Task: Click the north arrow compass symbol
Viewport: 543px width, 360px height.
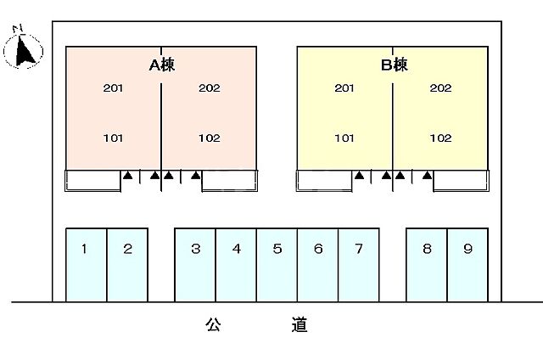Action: click(x=24, y=49)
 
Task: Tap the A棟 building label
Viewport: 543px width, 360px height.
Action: click(x=162, y=65)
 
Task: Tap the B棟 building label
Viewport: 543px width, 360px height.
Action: click(x=394, y=65)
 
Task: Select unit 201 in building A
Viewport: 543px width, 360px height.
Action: click(x=113, y=88)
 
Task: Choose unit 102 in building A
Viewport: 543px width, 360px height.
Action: click(x=209, y=138)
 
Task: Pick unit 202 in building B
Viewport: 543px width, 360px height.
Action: click(x=440, y=88)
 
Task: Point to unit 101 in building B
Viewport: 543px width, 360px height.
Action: click(x=344, y=138)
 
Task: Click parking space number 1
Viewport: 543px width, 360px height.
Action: click(x=85, y=250)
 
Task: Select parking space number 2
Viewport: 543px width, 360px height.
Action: click(x=127, y=250)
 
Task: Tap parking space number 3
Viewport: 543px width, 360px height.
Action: click(x=195, y=250)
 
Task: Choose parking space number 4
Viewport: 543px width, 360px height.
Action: click(x=237, y=250)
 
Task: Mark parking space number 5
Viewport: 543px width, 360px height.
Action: click(x=277, y=250)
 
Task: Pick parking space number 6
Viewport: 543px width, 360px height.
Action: click(x=318, y=250)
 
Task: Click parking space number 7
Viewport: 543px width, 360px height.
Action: click(x=359, y=250)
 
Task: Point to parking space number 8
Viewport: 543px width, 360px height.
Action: click(x=427, y=250)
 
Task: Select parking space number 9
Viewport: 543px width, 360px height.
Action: click(x=467, y=250)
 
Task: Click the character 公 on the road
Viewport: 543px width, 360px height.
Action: click(x=212, y=323)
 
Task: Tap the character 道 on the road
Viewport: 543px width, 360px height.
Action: click(x=299, y=323)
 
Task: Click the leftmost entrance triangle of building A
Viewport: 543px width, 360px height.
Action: click(x=127, y=177)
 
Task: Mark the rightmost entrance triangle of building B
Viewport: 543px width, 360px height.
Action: click(x=427, y=177)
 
